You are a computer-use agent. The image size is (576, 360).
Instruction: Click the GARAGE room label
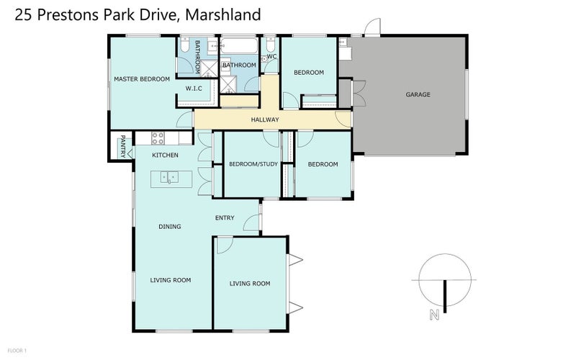click(418, 94)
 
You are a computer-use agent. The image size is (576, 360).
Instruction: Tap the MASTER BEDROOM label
click(141, 78)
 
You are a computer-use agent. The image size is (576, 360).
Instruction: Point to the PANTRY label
click(123, 145)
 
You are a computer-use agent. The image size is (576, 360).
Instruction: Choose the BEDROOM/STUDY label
click(251, 164)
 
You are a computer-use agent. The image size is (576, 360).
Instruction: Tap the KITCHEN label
click(165, 156)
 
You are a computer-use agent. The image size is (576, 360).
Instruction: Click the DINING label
click(169, 226)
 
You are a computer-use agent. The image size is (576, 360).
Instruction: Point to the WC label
click(271, 56)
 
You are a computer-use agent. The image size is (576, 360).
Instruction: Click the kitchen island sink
click(168, 176)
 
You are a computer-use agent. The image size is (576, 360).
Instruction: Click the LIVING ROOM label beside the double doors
click(250, 284)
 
